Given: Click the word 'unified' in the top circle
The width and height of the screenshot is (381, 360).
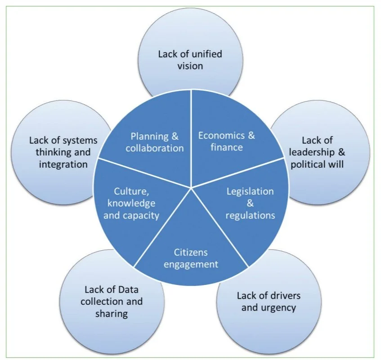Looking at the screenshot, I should coord(207,54).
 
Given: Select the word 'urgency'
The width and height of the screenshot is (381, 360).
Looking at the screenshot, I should coord(281,308).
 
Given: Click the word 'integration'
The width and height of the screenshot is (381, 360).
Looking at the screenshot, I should coord(63,164).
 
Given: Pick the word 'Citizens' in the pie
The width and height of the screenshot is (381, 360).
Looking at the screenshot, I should coord(191,252).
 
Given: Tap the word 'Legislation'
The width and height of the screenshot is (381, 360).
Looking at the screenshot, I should coord(250,191).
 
